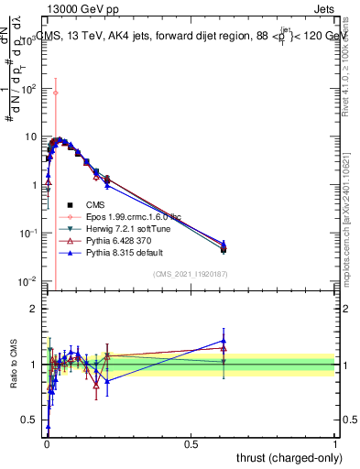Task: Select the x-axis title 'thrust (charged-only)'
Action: point(283,457)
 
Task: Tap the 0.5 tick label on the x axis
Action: point(191,442)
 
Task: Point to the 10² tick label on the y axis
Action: point(27,89)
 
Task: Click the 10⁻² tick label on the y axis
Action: point(27,280)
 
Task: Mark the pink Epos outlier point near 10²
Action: point(55,93)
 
